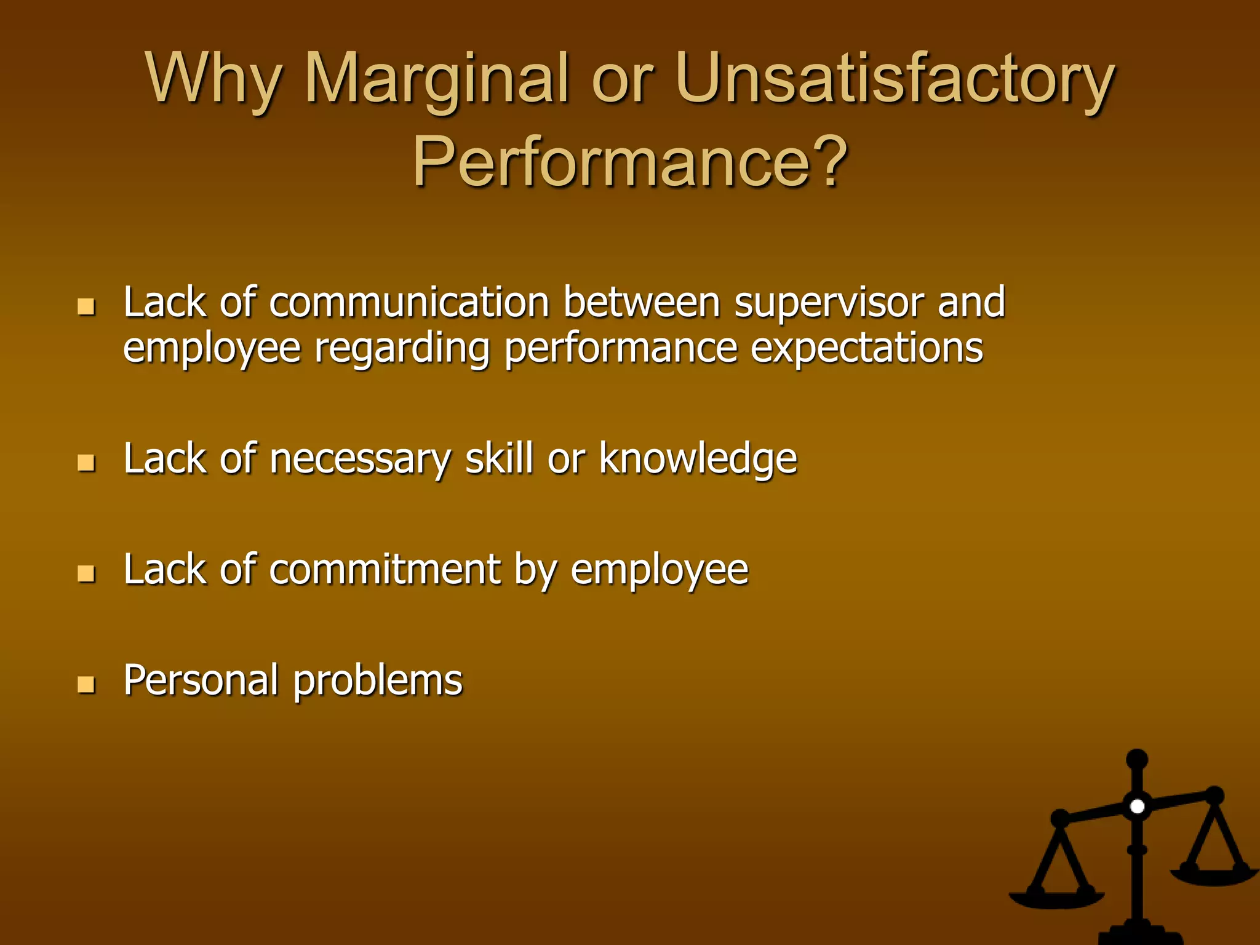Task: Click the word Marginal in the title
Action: (437, 80)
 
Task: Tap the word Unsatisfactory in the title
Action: (895, 80)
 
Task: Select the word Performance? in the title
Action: (630, 161)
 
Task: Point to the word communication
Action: (409, 303)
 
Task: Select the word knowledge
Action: (698, 459)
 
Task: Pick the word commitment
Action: (385, 569)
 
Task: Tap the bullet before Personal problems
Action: (87, 684)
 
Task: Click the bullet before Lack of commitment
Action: (87, 573)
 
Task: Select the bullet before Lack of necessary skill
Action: (87, 463)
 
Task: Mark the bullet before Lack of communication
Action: (87, 306)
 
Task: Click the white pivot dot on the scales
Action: (1137, 806)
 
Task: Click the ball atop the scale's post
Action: (1136, 759)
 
